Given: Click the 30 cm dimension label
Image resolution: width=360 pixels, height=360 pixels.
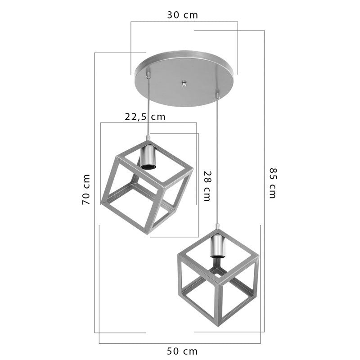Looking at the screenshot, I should point(182,15).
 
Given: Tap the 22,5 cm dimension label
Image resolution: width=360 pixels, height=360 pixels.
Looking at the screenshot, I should point(145,117).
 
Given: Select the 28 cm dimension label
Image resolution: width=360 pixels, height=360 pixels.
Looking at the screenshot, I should point(207,186).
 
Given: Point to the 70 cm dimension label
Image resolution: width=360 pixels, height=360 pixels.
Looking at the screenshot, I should point(86,189).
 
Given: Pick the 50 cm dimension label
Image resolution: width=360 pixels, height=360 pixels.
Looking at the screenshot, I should point(182,351).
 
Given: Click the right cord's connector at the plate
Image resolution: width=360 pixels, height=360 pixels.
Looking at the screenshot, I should point(218,95).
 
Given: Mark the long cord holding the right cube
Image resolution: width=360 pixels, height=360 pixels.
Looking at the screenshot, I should point(218,162).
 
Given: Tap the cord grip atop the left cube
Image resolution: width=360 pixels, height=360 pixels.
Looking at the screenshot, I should point(148,137).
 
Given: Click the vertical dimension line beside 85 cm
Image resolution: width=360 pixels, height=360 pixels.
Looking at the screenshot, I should point(264,135).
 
